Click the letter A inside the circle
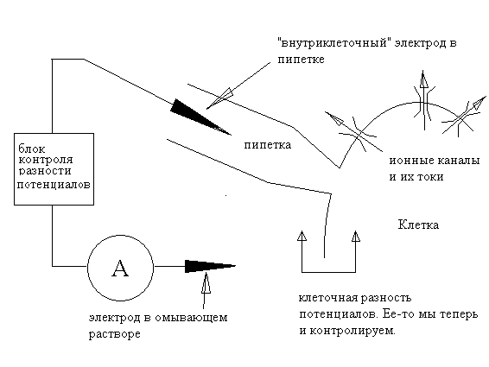[120, 269]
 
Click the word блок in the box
[31, 149]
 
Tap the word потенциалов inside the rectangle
[54, 185]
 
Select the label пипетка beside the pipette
[268, 145]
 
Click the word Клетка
[418, 225]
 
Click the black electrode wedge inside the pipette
[200, 117]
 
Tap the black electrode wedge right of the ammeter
[211, 266]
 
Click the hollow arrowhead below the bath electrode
[206, 283]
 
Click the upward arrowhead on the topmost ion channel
[423, 79]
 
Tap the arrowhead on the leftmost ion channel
[334, 118]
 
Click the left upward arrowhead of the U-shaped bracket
[302, 236]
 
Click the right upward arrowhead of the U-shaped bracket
[356, 236]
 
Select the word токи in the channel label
[430, 177]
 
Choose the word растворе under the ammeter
[114, 334]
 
